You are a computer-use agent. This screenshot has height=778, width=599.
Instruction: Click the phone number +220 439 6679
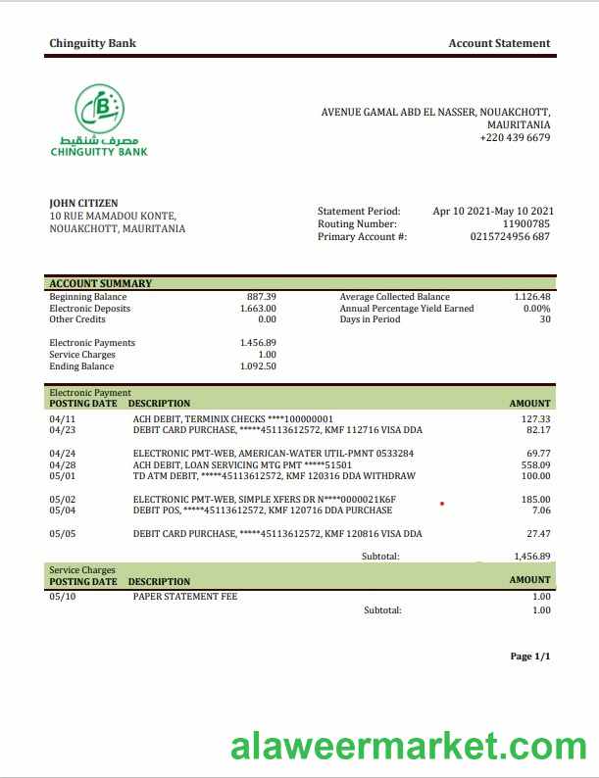[515, 138]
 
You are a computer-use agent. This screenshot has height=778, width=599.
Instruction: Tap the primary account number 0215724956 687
[510, 236]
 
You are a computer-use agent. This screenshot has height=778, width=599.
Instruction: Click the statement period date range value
[493, 211]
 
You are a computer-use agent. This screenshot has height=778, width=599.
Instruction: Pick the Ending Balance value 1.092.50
[258, 366]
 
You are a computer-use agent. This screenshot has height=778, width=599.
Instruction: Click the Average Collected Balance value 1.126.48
[531, 297]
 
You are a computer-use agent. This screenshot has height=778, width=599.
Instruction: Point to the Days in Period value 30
[544, 319]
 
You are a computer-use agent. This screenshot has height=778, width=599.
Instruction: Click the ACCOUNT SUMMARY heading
[100, 283]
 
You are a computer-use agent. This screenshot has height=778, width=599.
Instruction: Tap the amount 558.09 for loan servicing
[535, 464]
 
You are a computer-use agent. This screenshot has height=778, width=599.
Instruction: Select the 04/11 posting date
[61, 418]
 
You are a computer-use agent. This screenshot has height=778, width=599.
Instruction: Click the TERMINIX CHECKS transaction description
[233, 418]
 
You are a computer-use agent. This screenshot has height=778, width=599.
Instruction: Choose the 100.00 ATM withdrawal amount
[535, 476]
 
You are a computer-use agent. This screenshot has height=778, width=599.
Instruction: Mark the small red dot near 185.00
[442, 504]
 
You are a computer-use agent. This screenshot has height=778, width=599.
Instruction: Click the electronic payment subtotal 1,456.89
[531, 556]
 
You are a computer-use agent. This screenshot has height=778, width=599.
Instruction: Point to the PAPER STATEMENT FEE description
[185, 596]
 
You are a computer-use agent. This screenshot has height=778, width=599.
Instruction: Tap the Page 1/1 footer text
[530, 656]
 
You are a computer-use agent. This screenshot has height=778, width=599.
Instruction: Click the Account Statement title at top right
[499, 43]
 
